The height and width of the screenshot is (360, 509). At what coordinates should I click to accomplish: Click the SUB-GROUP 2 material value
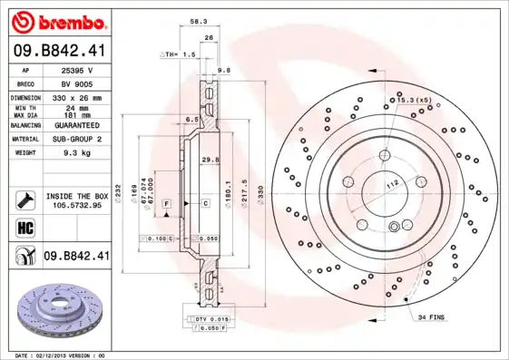pyautogui.click(x=75, y=140)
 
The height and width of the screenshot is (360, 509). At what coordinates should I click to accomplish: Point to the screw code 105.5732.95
pyautogui.click(x=76, y=205)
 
